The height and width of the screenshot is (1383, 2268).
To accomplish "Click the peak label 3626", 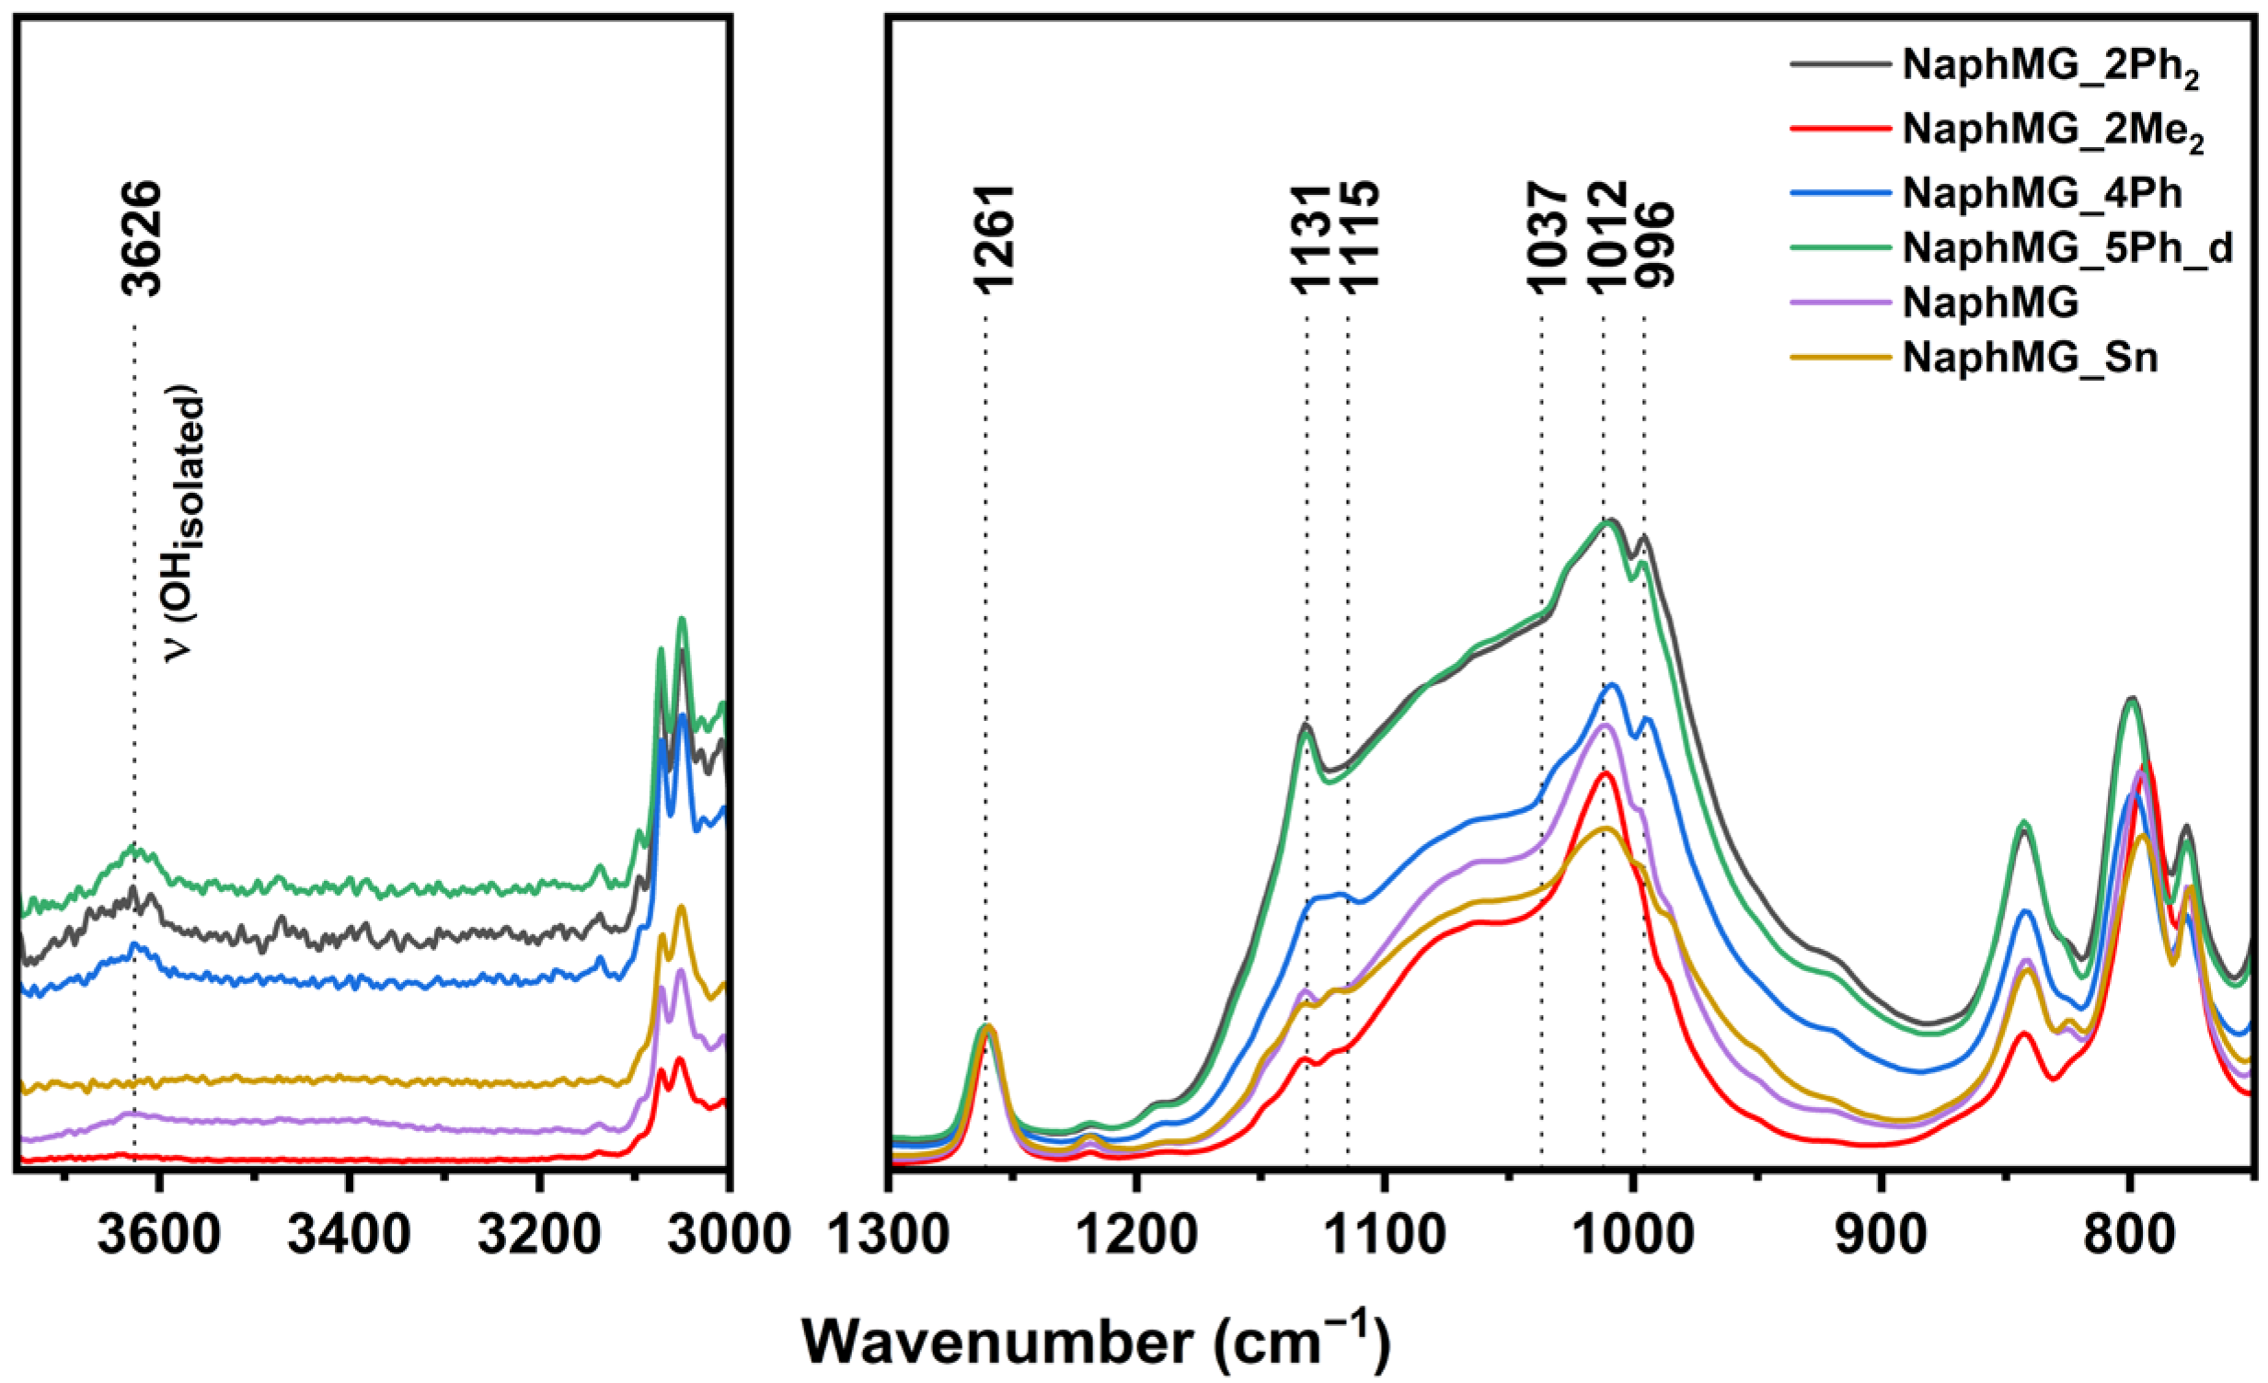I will (143, 238).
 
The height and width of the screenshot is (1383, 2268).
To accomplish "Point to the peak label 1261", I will (994, 238).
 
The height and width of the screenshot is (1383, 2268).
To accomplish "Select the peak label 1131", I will (1311, 238).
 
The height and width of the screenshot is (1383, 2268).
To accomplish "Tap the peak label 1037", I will (1548, 238).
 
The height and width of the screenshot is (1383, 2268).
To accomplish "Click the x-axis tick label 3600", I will (159, 1236).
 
